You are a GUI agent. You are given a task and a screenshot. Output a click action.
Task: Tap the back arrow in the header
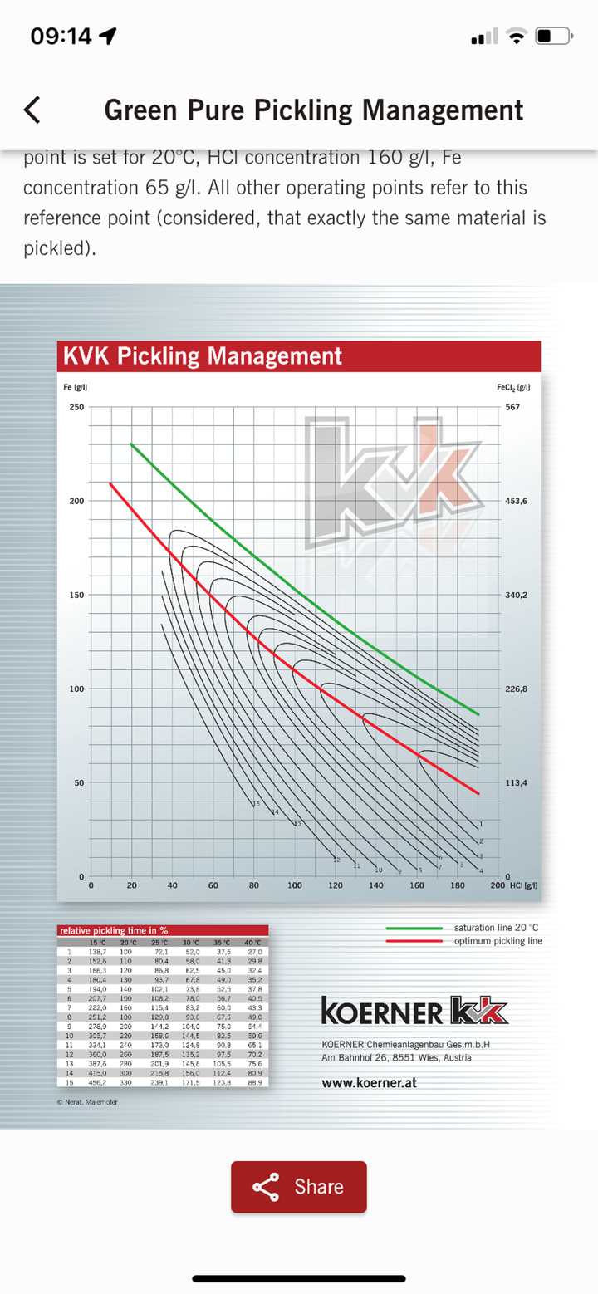click(32, 110)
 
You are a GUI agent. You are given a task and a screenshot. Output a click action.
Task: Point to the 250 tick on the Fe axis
click(75, 407)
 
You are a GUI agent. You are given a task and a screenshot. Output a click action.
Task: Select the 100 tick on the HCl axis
click(295, 885)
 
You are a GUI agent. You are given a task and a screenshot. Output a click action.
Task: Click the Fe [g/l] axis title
click(77, 388)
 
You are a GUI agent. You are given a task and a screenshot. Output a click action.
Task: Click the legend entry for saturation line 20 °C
click(498, 927)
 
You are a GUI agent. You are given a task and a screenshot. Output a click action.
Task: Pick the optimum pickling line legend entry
click(498, 940)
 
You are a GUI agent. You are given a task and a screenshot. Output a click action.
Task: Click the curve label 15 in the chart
click(256, 804)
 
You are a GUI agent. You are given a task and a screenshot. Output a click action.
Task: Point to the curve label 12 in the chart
click(336, 860)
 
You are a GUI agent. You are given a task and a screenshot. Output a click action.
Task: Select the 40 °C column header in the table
click(252, 942)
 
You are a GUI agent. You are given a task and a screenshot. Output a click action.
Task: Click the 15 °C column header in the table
click(98, 942)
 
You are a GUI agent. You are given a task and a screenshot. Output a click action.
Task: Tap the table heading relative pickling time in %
click(113, 930)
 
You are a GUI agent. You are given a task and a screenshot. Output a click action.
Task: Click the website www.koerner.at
click(369, 1083)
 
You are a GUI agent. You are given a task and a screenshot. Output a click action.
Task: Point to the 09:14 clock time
click(62, 37)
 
